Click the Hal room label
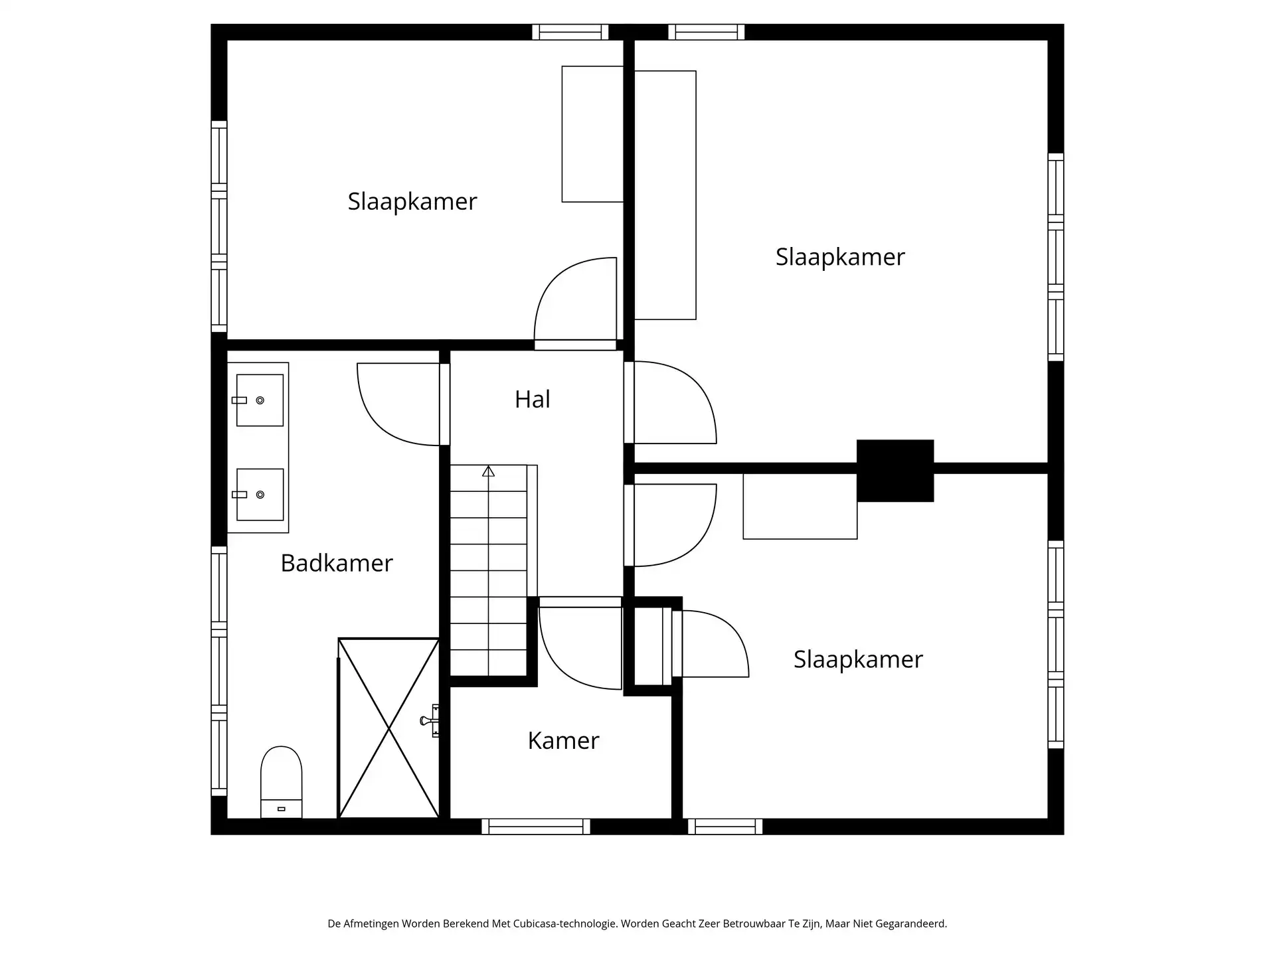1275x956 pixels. [x=532, y=399]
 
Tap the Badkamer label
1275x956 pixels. [x=336, y=563]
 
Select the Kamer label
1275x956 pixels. [x=563, y=740]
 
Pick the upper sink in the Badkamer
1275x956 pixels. [x=260, y=400]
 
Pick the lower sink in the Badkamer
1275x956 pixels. [x=260, y=495]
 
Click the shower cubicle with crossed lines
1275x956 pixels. [x=388, y=728]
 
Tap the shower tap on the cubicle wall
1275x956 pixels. [x=430, y=720]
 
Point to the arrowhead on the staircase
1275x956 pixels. [x=489, y=471]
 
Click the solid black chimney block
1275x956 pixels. [x=894, y=470]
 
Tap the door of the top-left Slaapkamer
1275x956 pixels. [x=576, y=302]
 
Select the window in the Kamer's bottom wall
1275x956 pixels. [x=535, y=827]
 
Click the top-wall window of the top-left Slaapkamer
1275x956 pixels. [x=570, y=32]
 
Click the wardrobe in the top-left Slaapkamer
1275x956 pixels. [x=592, y=134]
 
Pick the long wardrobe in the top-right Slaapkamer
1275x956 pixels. [x=665, y=195]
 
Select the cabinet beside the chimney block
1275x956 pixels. [x=800, y=507]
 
